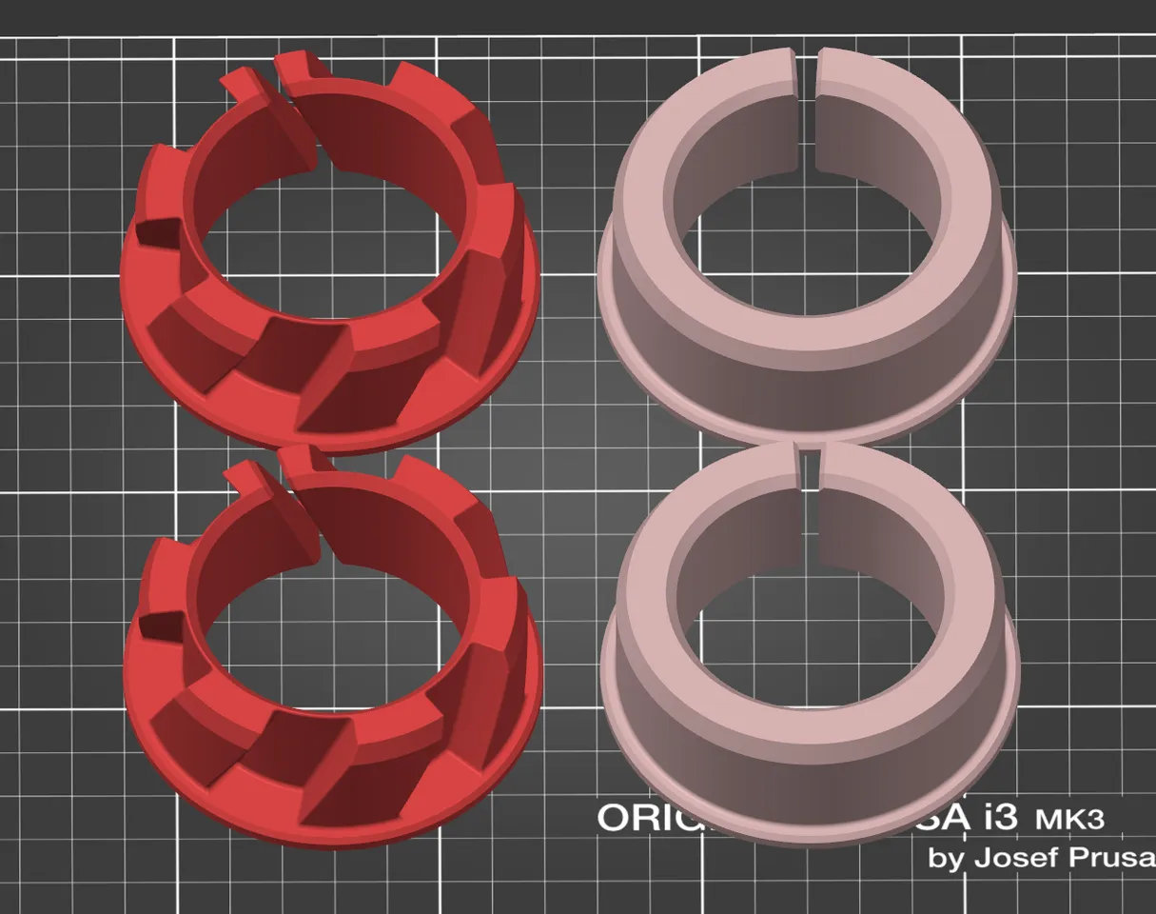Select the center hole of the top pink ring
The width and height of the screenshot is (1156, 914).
[806, 248]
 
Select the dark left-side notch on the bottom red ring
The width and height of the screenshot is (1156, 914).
[160, 625]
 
